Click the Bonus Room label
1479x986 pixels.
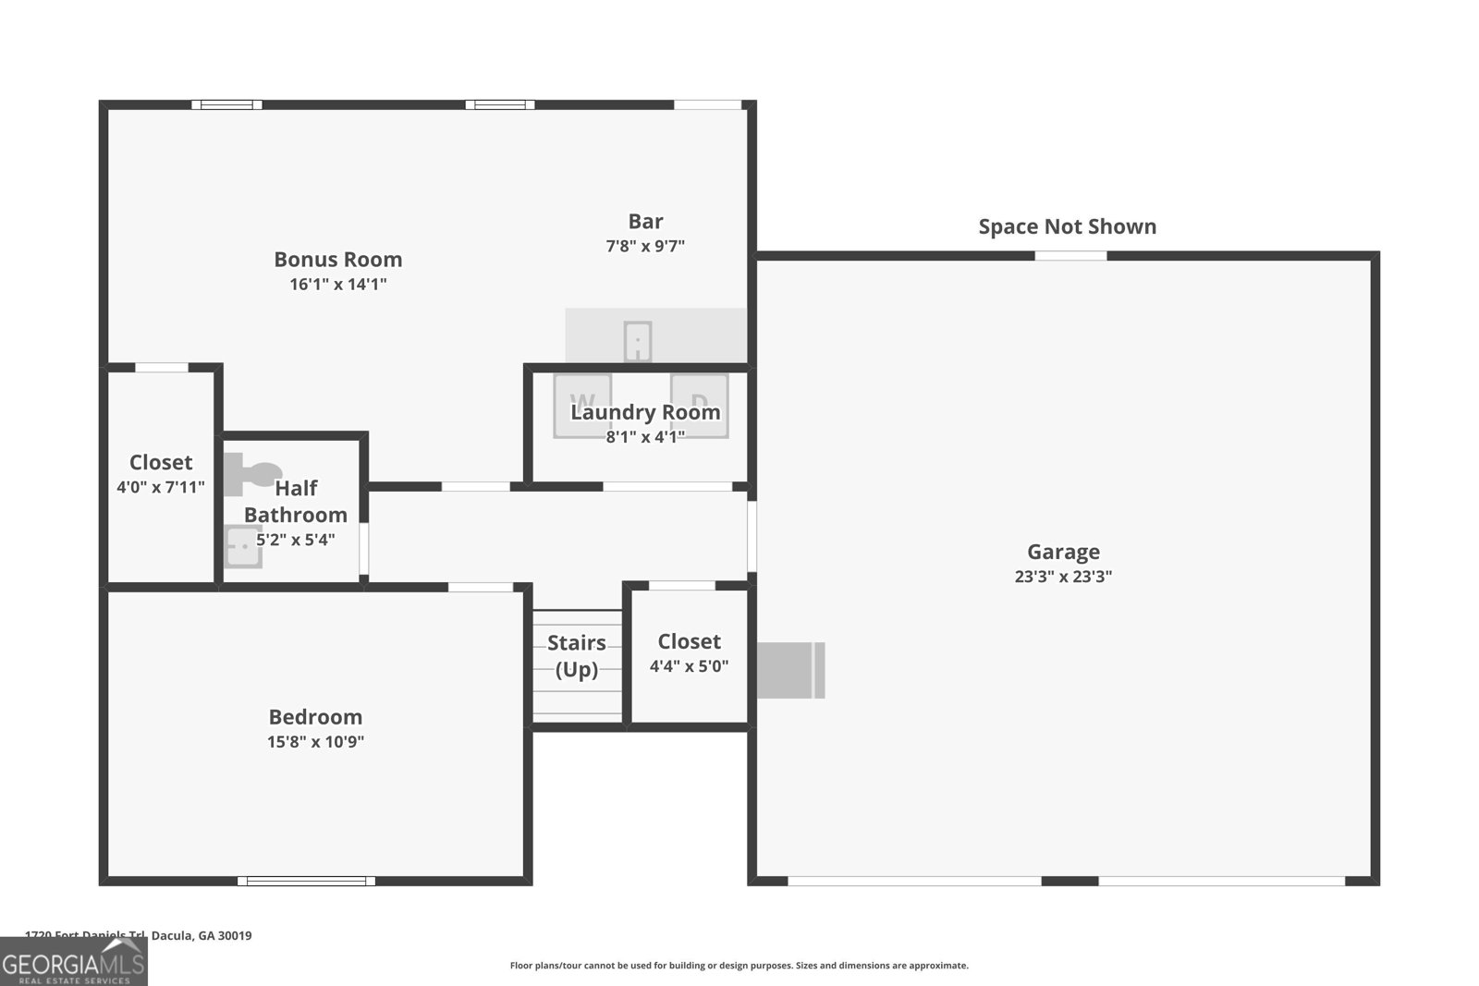click(x=337, y=260)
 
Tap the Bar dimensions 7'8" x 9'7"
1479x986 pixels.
click(x=645, y=246)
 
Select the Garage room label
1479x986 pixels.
click(x=1063, y=552)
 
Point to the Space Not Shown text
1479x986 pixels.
click(x=1067, y=226)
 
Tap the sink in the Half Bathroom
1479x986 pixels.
click(x=243, y=546)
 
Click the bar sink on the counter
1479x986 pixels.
click(x=637, y=341)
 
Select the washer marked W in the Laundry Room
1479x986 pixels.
click(x=582, y=405)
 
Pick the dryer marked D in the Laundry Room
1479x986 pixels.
click(x=700, y=405)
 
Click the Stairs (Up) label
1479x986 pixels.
click(x=577, y=655)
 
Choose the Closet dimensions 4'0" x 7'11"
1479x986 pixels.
click(x=161, y=487)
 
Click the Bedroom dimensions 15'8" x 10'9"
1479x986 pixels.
click(x=315, y=741)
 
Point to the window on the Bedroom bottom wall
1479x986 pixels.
click(x=306, y=881)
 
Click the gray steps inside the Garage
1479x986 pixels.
click(x=790, y=670)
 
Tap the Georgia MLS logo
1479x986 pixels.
click(x=73, y=962)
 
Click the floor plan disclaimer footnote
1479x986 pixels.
click(x=739, y=966)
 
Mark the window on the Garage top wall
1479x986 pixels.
click(x=1070, y=255)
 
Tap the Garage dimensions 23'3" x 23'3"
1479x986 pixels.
click(x=1063, y=577)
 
